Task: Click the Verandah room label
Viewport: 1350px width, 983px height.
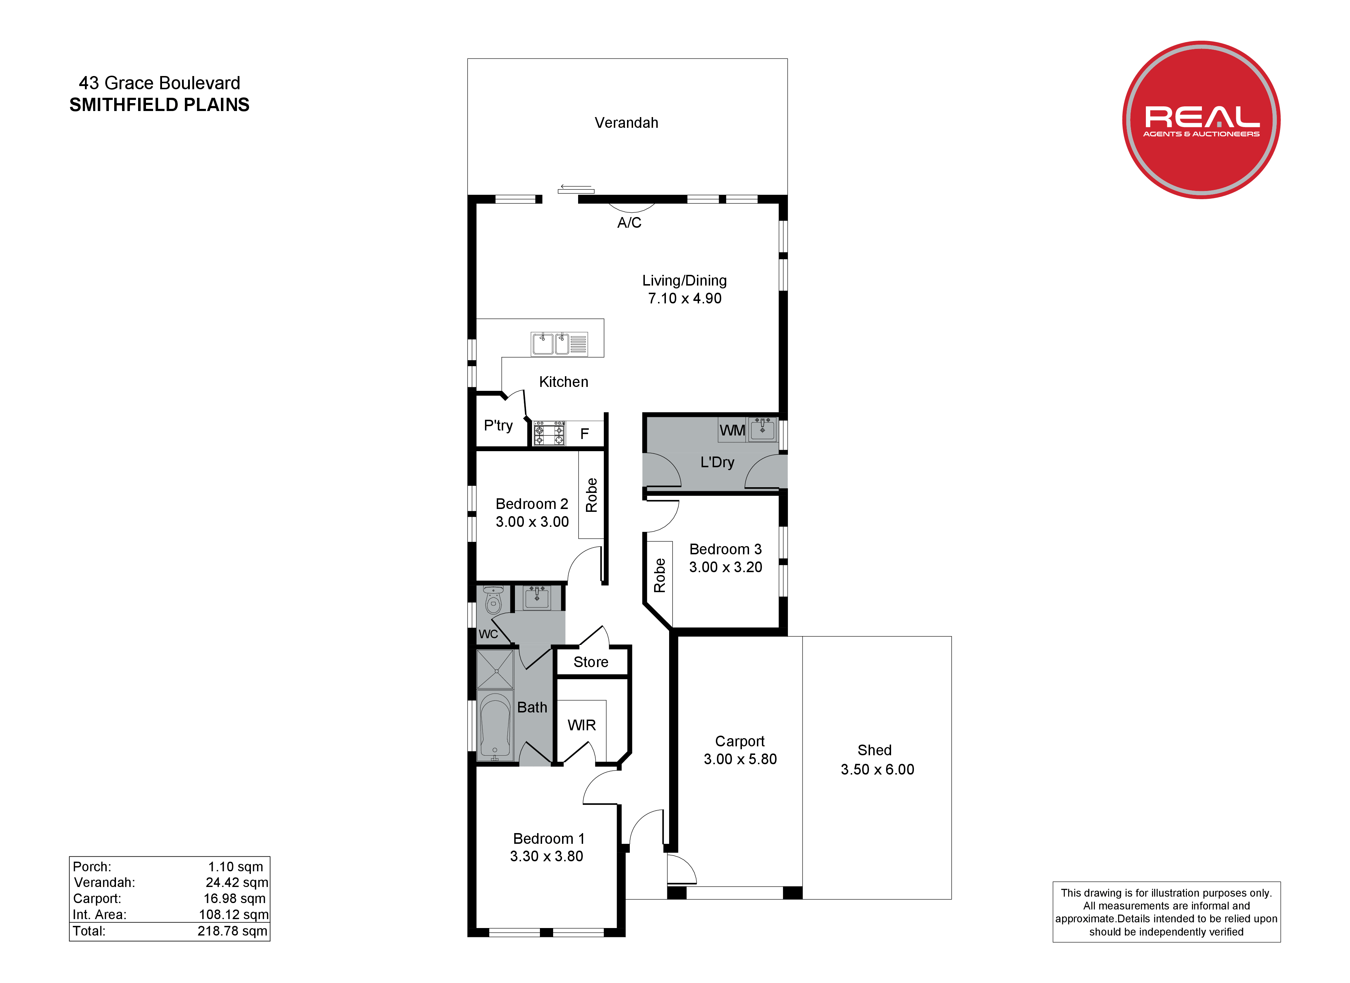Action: pyautogui.click(x=626, y=123)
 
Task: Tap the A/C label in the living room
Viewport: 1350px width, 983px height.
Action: pyautogui.click(x=629, y=223)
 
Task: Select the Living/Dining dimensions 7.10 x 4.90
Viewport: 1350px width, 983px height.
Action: pyautogui.click(x=684, y=298)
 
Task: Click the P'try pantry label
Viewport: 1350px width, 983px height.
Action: pyautogui.click(x=498, y=426)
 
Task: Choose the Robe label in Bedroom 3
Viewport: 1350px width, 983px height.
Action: pyautogui.click(x=659, y=575)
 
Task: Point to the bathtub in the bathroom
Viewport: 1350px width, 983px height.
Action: pyautogui.click(x=495, y=726)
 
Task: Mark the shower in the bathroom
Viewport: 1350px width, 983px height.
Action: pyautogui.click(x=495, y=670)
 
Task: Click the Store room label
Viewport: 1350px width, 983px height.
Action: pyautogui.click(x=591, y=662)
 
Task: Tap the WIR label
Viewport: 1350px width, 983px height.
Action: pyautogui.click(x=582, y=725)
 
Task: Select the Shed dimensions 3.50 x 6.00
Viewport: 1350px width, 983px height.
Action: pyautogui.click(x=878, y=769)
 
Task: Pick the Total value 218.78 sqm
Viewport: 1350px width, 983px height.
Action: pyautogui.click(x=233, y=931)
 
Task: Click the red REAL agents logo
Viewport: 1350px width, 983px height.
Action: pyautogui.click(x=1201, y=120)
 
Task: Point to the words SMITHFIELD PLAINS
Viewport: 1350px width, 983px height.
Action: pyautogui.click(x=160, y=105)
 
